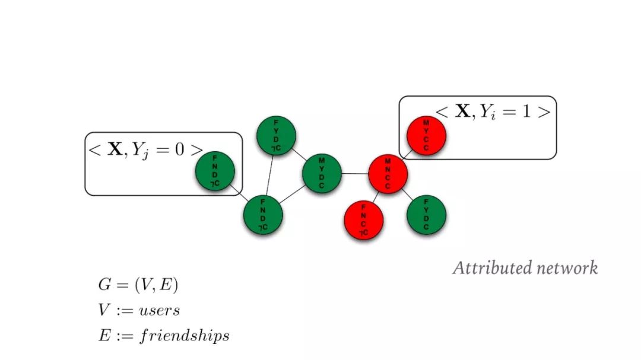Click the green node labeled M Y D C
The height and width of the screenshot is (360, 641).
[322, 173]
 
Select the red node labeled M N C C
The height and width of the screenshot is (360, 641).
[388, 173]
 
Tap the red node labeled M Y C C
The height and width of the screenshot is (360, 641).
[426, 136]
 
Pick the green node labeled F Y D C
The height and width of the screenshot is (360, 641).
[426, 214]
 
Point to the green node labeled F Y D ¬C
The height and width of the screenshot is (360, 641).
[276, 136]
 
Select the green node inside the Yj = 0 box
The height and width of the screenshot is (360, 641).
[215, 171]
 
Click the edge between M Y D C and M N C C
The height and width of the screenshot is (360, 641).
[355, 174]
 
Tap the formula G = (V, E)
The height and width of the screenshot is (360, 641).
[138, 285]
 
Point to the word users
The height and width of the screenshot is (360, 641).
[160, 310]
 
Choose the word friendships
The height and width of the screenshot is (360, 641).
[185, 336]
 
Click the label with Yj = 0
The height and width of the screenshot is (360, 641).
[145, 149]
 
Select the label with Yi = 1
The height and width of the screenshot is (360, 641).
[493, 111]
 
